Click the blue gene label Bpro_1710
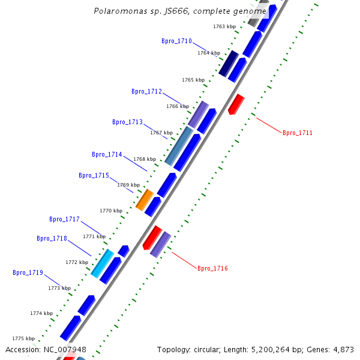click(x=176, y=41)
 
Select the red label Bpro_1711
click(x=298, y=133)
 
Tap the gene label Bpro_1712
click(x=146, y=92)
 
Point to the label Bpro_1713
click(x=127, y=122)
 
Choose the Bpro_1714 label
click(x=107, y=155)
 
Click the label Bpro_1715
click(x=94, y=176)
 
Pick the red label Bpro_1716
click(x=212, y=268)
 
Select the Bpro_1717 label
click(x=64, y=220)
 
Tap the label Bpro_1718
click(x=52, y=239)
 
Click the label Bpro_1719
click(x=28, y=273)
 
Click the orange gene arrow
click(x=145, y=199)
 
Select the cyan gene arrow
click(x=103, y=263)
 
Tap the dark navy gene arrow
click(x=229, y=63)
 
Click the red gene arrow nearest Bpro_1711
click(x=236, y=104)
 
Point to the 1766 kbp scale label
click(x=178, y=106)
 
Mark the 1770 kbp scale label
click(x=111, y=211)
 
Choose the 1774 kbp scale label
click(x=41, y=313)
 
